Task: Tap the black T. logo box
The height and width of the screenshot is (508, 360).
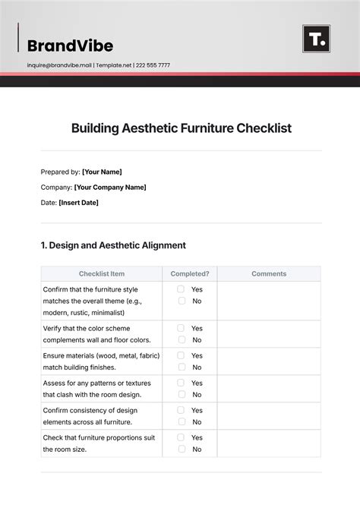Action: coord(316,39)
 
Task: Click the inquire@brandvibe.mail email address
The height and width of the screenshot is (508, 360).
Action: coord(59,65)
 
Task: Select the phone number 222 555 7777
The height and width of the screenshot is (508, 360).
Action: coord(153,65)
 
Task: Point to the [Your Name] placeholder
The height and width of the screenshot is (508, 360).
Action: coord(102,172)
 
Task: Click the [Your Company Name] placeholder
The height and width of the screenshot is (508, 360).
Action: coord(110,187)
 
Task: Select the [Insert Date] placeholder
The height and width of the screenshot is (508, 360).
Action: coord(78,203)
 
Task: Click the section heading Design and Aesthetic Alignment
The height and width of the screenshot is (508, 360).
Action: coord(113,245)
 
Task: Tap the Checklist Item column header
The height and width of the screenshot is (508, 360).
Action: coord(102,273)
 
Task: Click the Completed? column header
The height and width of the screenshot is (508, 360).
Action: coord(189,273)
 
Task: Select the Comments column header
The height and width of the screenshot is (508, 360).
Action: coord(269,273)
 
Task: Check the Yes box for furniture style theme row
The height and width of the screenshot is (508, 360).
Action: coord(182,289)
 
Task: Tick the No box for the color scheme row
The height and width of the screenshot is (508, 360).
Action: coord(182,339)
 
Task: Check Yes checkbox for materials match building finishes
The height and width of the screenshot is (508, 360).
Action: coord(182,355)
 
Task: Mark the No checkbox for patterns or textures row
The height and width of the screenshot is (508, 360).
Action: coord(182,394)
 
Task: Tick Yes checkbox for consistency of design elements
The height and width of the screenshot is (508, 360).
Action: coord(182,410)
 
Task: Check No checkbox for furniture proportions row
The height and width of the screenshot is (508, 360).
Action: coord(182,449)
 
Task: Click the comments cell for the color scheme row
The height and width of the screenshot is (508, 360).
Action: coord(269,334)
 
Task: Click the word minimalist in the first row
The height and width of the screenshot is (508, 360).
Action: coord(106,312)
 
